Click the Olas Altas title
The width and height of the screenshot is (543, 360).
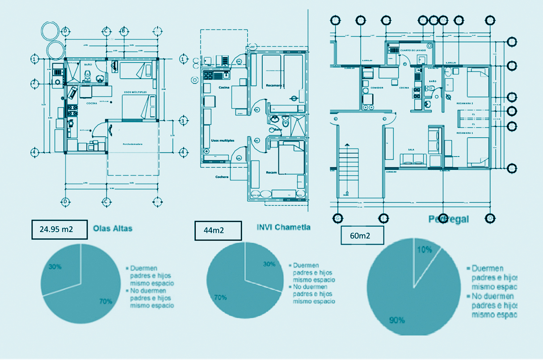click(x=113, y=229)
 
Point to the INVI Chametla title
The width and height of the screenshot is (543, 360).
click(x=283, y=227)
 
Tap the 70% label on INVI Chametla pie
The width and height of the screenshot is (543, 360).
click(x=220, y=297)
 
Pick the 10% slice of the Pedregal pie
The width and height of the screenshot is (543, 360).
click(x=425, y=259)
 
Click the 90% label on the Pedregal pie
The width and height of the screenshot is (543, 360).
click(x=396, y=320)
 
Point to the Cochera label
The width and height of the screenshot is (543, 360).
click(x=222, y=177)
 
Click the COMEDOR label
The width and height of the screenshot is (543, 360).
click(x=377, y=88)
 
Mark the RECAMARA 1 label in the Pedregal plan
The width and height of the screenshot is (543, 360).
click(x=465, y=133)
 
